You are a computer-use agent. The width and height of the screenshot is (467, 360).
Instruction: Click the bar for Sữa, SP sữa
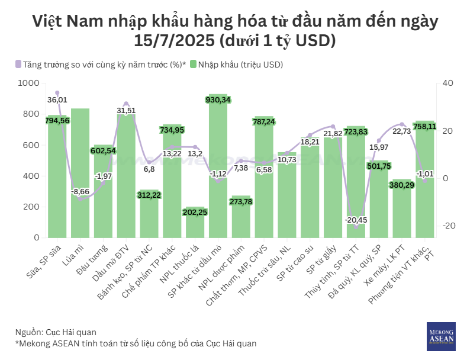tap(57, 178)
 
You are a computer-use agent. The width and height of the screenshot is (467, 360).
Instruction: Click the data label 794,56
tap(57, 121)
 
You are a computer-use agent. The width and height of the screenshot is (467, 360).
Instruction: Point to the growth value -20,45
tap(356, 220)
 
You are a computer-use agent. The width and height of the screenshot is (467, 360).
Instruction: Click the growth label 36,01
tap(57, 100)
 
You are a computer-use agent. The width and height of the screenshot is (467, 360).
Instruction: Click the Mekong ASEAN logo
tap(440, 336)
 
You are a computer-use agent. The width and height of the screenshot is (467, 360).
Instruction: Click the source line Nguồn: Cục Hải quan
tap(56, 332)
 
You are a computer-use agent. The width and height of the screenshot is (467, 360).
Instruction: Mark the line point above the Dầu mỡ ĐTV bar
tap(126, 104)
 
